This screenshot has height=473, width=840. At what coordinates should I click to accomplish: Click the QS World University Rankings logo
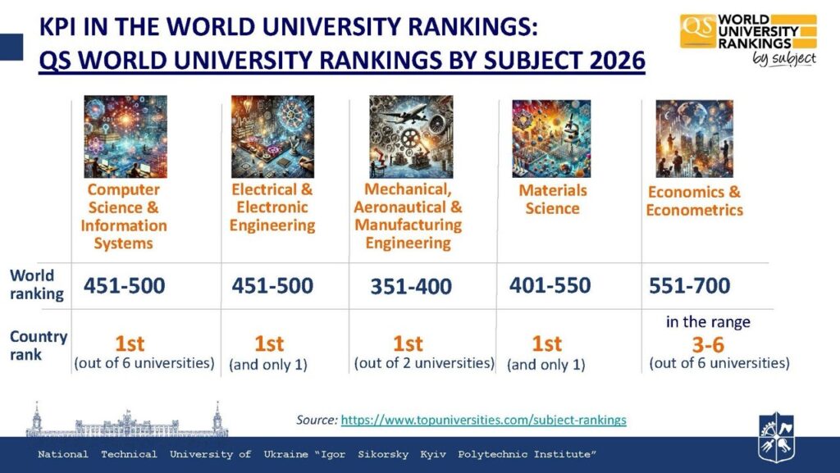click(x=747, y=39)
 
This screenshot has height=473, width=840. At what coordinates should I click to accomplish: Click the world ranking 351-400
click(x=411, y=287)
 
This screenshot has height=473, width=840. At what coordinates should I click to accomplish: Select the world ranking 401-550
click(x=550, y=285)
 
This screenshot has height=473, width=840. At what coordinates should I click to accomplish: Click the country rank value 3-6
click(x=707, y=343)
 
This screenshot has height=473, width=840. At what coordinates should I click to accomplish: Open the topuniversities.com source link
click(x=483, y=420)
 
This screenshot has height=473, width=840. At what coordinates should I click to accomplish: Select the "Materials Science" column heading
click(x=552, y=199)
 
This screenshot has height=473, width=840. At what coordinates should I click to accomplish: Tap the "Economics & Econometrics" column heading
click(x=694, y=201)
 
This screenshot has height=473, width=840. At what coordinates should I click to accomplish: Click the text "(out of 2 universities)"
click(x=424, y=362)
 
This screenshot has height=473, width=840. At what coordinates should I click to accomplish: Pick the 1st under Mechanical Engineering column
click(x=408, y=343)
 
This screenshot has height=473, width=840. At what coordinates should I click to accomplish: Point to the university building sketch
click(x=126, y=421)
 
